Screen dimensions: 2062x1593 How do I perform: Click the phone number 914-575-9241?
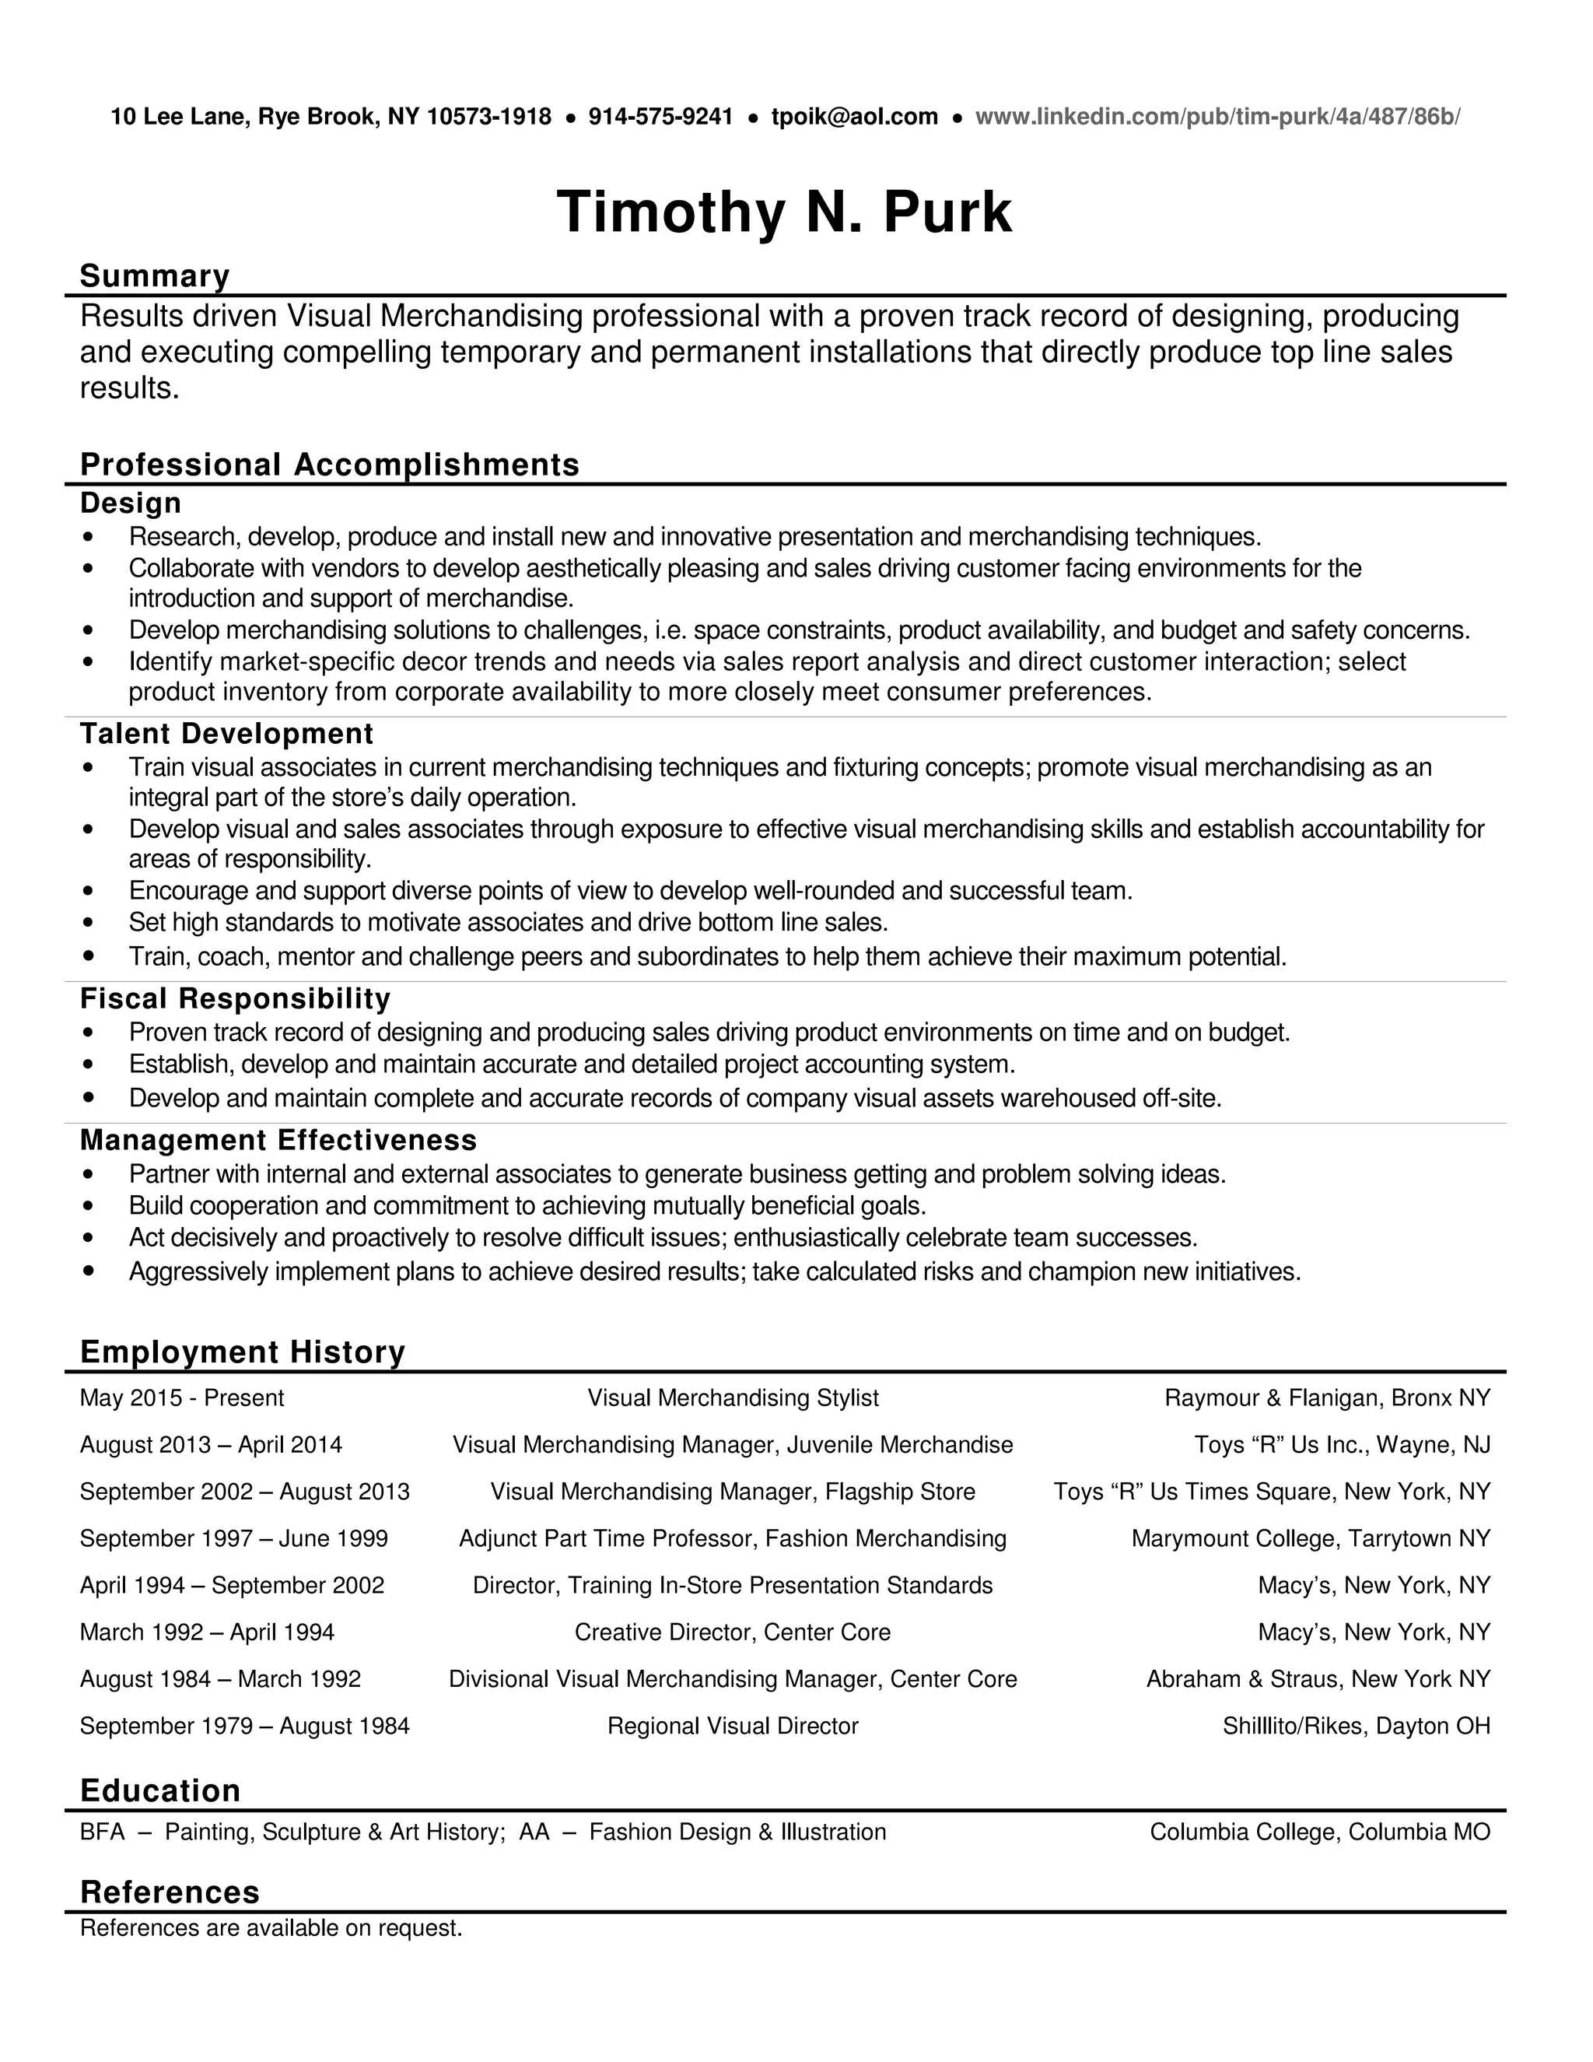pos(660,117)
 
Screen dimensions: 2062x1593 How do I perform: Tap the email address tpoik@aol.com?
pos(854,117)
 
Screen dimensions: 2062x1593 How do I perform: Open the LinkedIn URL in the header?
pos(1217,117)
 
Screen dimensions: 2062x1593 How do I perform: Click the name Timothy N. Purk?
pos(784,212)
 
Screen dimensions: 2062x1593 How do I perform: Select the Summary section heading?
pos(155,275)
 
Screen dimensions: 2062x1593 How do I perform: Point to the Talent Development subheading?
pos(226,734)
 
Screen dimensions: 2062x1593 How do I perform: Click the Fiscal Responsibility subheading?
pos(235,998)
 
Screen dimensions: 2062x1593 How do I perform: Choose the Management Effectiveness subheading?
pos(278,1140)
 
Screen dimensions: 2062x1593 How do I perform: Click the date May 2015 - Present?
pos(182,1397)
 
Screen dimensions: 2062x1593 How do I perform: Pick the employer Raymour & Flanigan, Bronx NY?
pos(1327,1397)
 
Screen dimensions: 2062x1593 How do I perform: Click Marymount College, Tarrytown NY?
pos(1310,1538)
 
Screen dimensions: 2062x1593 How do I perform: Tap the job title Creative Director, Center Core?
pos(732,1632)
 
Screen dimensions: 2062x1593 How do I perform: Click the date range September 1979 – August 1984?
pos(244,1726)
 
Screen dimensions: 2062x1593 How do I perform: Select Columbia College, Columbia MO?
pos(1319,1832)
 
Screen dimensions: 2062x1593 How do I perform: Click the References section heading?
pos(170,1892)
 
